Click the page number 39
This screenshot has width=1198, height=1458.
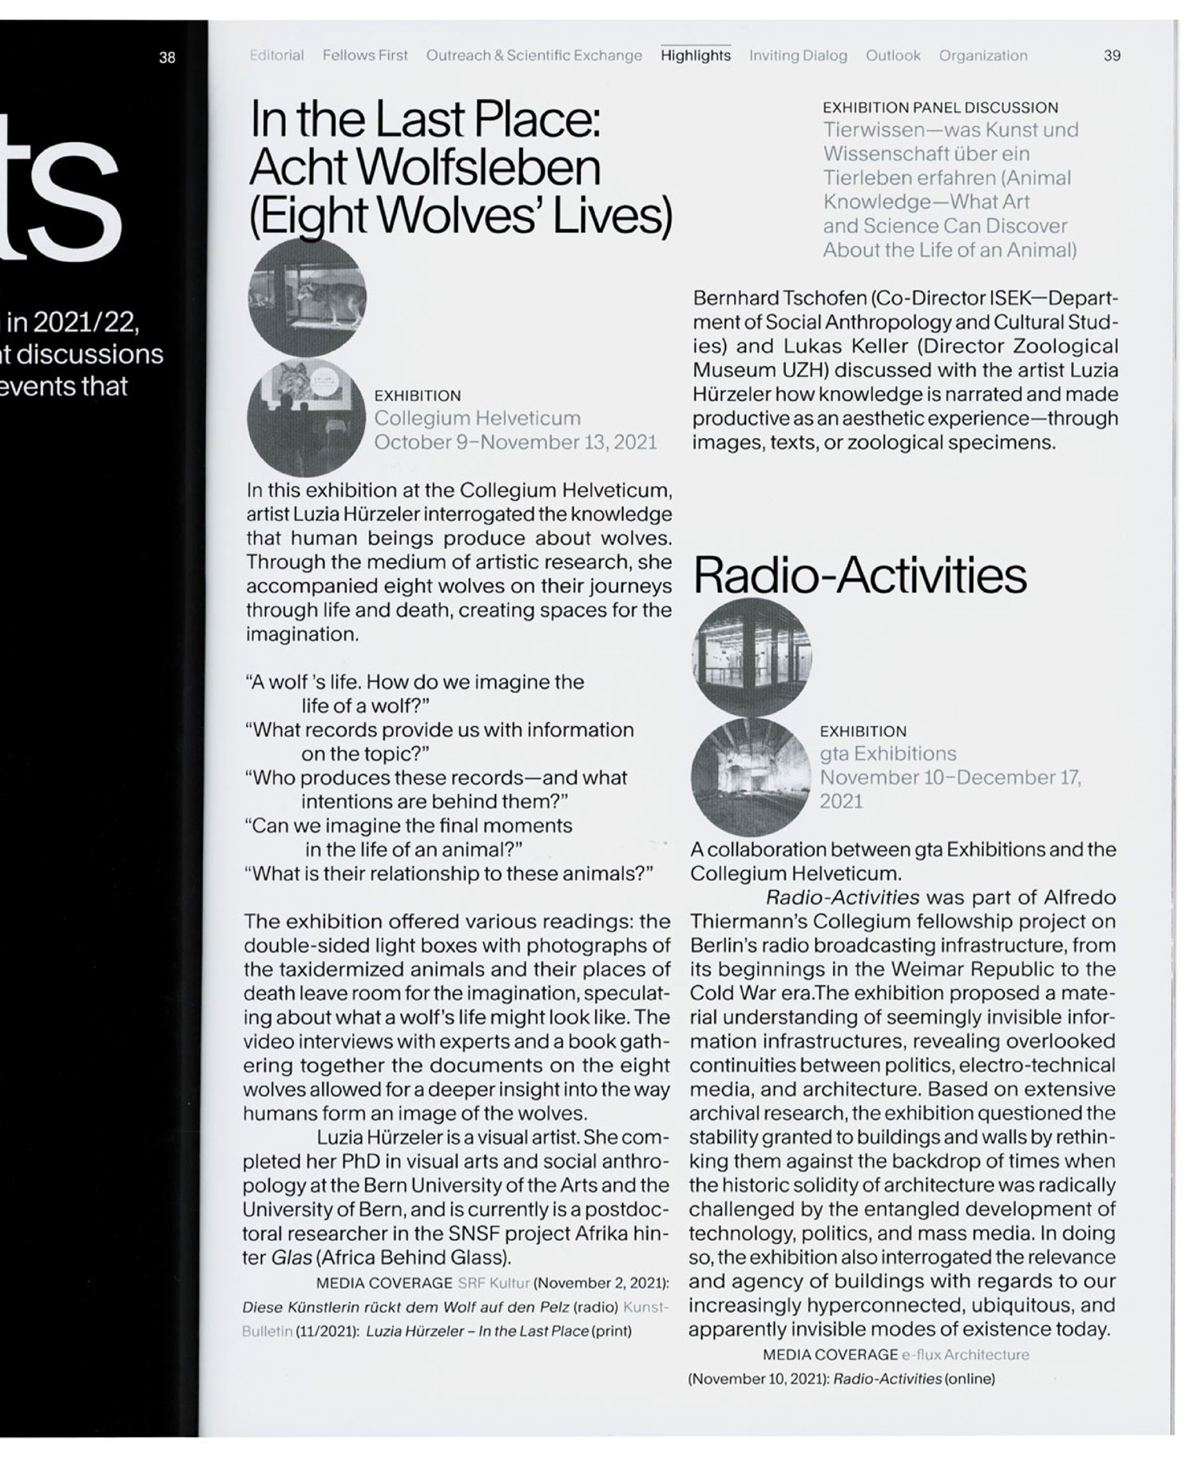pyautogui.click(x=1112, y=55)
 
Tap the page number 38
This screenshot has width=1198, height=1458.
pyautogui.click(x=167, y=57)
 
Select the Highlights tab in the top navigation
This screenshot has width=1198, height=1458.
pyautogui.click(x=695, y=55)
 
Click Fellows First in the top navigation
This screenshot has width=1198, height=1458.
pyautogui.click(x=365, y=55)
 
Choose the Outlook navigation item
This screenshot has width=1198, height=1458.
pyautogui.click(x=893, y=55)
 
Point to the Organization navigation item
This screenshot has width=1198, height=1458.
pyautogui.click(x=982, y=55)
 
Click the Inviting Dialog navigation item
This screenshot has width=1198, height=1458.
pyautogui.click(x=798, y=55)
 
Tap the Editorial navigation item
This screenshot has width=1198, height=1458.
pyautogui.click(x=276, y=55)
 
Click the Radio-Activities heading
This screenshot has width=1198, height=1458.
pyautogui.click(x=859, y=575)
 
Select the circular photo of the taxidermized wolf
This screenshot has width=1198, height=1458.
pyautogui.click(x=307, y=297)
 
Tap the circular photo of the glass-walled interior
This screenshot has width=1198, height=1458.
pyautogui.click(x=751, y=657)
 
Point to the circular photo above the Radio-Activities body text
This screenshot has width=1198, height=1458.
pyautogui.click(x=749, y=777)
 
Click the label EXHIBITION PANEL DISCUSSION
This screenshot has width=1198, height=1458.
pyautogui.click(x=940, y=107)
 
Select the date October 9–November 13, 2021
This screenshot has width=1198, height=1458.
pyautogui.click(x=515, y=442)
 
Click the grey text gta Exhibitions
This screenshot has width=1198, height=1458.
pyautogui.click(x=887, y=753)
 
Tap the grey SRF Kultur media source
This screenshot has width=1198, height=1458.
pyautogui.click(x=494, y=1283)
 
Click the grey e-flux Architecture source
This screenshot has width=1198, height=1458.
pyautogui.click(x=965, y=1355)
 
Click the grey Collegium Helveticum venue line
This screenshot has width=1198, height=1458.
pyautogui.click(x=477, y=418)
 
